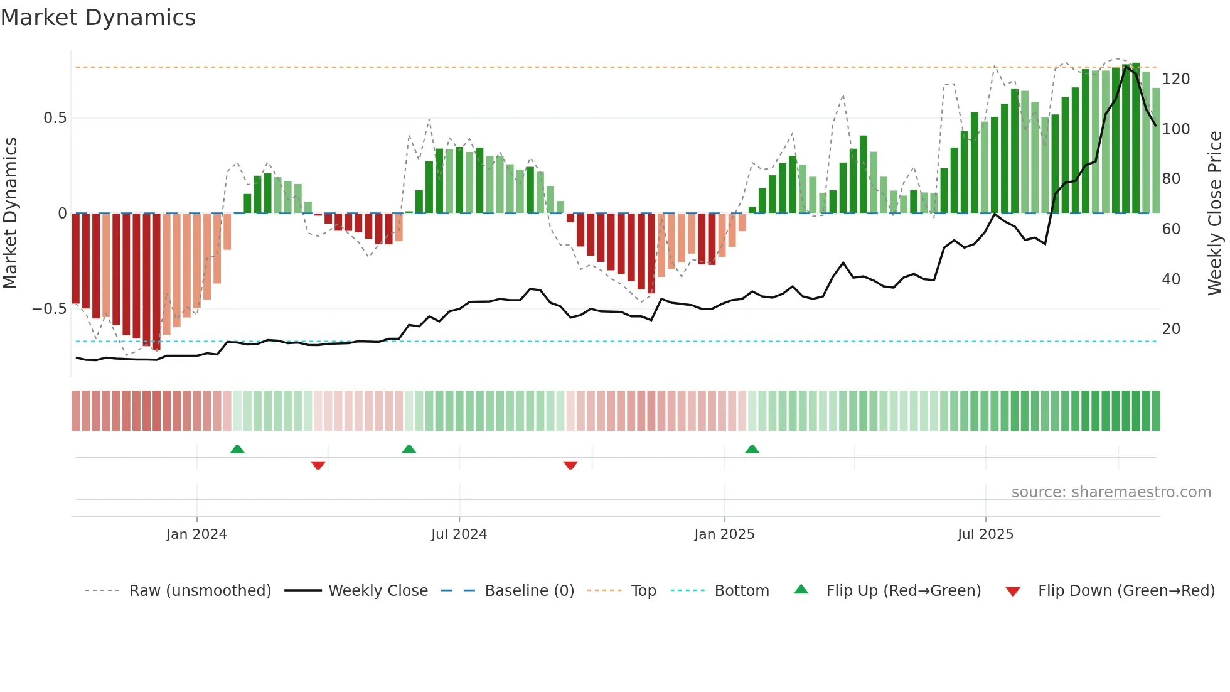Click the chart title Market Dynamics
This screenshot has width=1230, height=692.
coord(98,18)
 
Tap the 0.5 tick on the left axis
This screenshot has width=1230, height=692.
coord(55,118)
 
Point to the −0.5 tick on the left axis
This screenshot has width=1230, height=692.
coord(50,309)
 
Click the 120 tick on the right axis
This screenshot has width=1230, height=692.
coord(1175,79)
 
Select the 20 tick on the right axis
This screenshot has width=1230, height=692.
coord(1171,329)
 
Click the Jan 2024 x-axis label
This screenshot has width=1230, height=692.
coord(196,534)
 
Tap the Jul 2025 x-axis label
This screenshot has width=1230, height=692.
coord(985,534)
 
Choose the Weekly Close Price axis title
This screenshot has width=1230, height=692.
coord(1215,214)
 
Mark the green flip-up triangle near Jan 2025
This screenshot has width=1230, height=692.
coord(752,450)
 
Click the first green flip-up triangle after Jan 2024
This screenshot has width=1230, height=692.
coord(237,450)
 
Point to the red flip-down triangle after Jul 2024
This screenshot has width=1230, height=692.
coord(570,465)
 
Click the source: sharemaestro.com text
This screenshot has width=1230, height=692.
coord(1111,492)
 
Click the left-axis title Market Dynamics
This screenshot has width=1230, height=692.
coord(11,214)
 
